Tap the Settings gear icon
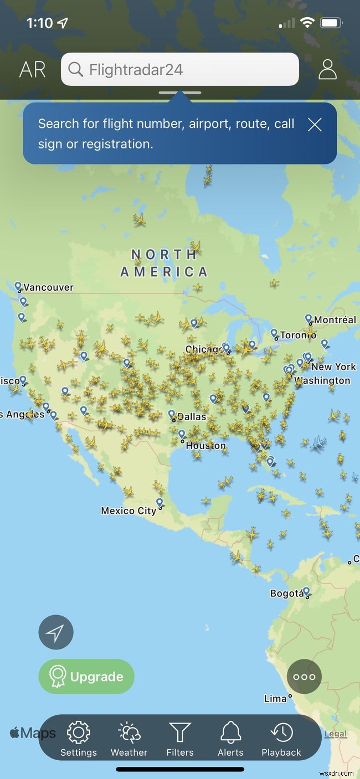(x=79, y=733)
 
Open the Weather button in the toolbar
(x=129, y=733)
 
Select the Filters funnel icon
(x=180, y=733)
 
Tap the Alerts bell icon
(x=230, y=733)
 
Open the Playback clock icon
(x=281, y=733)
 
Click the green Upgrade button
(x=86, y=677)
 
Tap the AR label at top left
(x=33, y=70)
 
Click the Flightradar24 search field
(x=180, y=70)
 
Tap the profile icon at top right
(x=327, y=69)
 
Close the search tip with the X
(x=315, y=125)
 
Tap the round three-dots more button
(x=304, y=677)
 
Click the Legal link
(x=336, y=734)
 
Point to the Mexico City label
(x=128, y=510)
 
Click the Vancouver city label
(x=48, y=287)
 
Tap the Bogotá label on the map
(x=286, y=594)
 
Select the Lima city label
(x=275, y=699)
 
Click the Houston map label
(x=205, y=446)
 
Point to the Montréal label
(x=335, y=320)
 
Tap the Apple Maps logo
(x=33, y=734)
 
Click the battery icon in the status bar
(x=331, y=23)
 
